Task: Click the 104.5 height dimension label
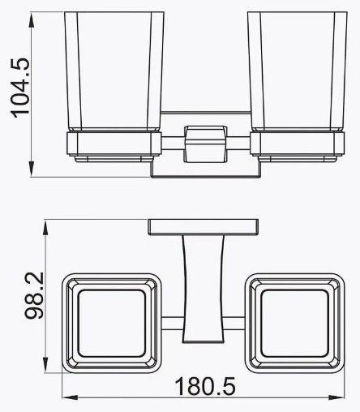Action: pyautogui.click(x=20, y=88)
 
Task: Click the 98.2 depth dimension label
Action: pyautogui.click(x=34, y=295)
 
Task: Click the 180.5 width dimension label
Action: pyautogui.click(x=205, y=387)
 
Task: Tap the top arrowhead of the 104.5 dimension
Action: pyautogui.click(x=32, y=19)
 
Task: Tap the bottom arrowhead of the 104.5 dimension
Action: pyautogui.click(x=32, y=170)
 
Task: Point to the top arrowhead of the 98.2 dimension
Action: pyautogui.click(x=46, y=228)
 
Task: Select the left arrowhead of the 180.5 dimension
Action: pyautogui.click(x=70, y=397)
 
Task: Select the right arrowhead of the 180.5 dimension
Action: pyautogui.click(x=336, y=397)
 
